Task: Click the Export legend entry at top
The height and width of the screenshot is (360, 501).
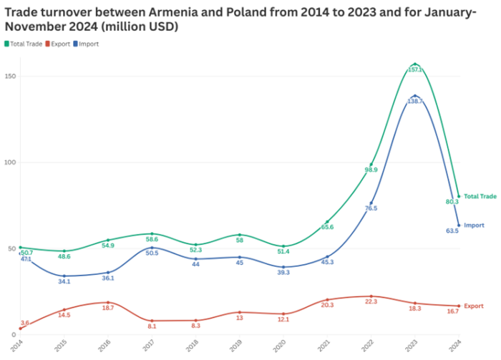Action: pos(60,44)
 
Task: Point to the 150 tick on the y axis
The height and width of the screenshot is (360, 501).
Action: pos(11,77)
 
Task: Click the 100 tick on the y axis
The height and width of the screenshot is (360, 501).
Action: pos(11,162)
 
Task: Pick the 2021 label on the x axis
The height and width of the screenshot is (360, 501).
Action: pos(326,346)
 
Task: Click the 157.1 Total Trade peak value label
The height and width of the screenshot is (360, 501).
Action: pos(415,70)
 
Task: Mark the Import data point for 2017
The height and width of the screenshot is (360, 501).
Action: pos(152,248)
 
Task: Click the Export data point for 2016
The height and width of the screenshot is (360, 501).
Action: pos(108,302)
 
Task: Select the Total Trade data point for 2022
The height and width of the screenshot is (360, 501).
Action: pos(371,165)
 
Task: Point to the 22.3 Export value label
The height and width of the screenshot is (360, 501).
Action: pos(371,302)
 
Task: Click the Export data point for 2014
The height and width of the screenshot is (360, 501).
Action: pos(20,329)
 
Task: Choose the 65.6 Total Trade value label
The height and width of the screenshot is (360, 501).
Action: pos(327,227)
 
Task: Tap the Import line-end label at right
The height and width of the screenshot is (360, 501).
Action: pos(475,225)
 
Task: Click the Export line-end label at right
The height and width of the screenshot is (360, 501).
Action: pos(474,306)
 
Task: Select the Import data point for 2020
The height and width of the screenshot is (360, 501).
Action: pos(283,267)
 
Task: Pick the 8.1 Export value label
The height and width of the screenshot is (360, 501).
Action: pos(152,326)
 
